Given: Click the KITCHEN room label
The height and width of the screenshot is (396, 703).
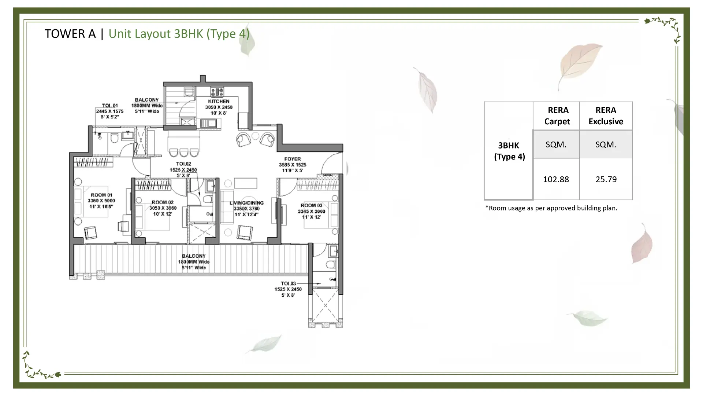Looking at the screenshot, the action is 219,101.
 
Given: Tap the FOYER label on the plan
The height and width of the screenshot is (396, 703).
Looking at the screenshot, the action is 293,159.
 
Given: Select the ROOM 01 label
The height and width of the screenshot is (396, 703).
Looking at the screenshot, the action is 101,195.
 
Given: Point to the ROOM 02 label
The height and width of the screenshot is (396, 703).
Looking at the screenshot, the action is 163,202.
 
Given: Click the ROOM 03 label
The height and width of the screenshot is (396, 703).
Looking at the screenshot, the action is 312,205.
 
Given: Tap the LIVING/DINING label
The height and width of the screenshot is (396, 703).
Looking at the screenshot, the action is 246,203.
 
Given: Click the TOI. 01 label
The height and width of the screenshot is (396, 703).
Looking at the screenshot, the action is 110,106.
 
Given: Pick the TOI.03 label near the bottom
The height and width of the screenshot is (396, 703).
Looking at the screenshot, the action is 288,283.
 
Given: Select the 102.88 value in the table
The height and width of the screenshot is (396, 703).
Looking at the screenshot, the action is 556,179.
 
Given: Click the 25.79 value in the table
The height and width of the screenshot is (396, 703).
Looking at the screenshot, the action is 606,179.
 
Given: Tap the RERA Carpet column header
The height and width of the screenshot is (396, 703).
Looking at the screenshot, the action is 557,116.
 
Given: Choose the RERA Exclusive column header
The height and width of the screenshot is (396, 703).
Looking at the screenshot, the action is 606,116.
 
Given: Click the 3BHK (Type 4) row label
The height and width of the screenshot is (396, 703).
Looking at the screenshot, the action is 509,151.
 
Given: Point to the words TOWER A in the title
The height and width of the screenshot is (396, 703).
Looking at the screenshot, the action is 70,34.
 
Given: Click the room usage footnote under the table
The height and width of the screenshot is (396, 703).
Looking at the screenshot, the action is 551,208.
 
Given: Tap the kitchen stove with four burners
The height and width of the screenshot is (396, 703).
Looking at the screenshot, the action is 217,92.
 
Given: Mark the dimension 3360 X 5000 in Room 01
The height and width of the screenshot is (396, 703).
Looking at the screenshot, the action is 101,201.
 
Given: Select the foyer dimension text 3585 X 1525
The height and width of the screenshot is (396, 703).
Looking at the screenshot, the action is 293,165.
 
